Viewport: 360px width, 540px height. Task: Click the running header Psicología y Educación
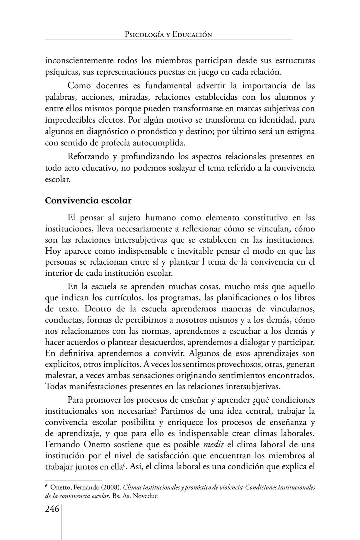(168, 34)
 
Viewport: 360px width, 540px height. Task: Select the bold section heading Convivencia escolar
(88, 201)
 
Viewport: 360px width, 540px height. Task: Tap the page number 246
(52, 509)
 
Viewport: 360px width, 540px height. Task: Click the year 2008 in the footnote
(112, 487)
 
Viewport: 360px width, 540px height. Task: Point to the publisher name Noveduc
(145, 496)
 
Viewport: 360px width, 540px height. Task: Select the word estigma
(299, 131)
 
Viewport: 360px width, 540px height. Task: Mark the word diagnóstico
(106, 131)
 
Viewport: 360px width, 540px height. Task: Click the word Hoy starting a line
(53, 251)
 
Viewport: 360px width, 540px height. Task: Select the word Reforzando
(88, 156)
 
